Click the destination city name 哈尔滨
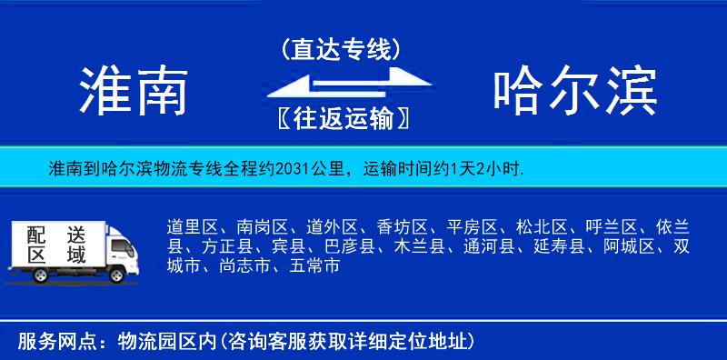pos(575,89)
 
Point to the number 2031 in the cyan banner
pos(288,168)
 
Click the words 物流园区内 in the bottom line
pos(168,342)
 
